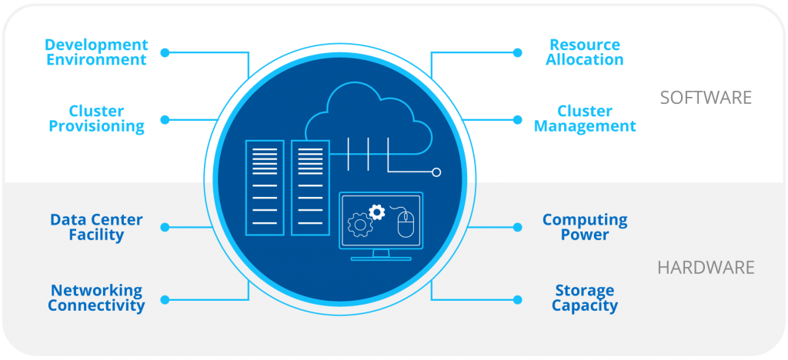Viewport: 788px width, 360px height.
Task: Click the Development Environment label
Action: [96, 52]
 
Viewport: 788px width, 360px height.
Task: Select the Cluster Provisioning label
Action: [96, 119]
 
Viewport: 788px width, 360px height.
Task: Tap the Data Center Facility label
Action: [96, 228]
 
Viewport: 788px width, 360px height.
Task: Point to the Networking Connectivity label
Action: [96, 298]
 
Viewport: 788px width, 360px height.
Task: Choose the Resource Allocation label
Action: [585, 52]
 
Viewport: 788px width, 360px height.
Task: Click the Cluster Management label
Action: [585, 119]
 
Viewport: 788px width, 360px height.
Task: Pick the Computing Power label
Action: [585, 228]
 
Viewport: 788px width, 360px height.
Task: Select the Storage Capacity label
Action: [585, 298]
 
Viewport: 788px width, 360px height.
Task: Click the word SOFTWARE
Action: [705, 98]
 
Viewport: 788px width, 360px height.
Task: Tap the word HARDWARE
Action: [706, 268]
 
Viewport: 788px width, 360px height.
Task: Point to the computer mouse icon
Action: [406, 224]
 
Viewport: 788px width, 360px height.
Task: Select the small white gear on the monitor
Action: [376, 211]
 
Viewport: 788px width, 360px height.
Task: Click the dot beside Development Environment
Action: [164, 52]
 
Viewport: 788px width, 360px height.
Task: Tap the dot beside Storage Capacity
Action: [517, 298]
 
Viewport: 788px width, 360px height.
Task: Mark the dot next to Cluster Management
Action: [517, 119]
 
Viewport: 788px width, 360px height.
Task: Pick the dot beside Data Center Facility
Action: [164, 228]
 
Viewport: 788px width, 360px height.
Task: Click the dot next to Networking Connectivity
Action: [164, 298]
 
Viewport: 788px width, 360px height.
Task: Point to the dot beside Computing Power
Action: [517, 228]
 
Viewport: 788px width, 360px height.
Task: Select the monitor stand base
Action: [381, 258]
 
